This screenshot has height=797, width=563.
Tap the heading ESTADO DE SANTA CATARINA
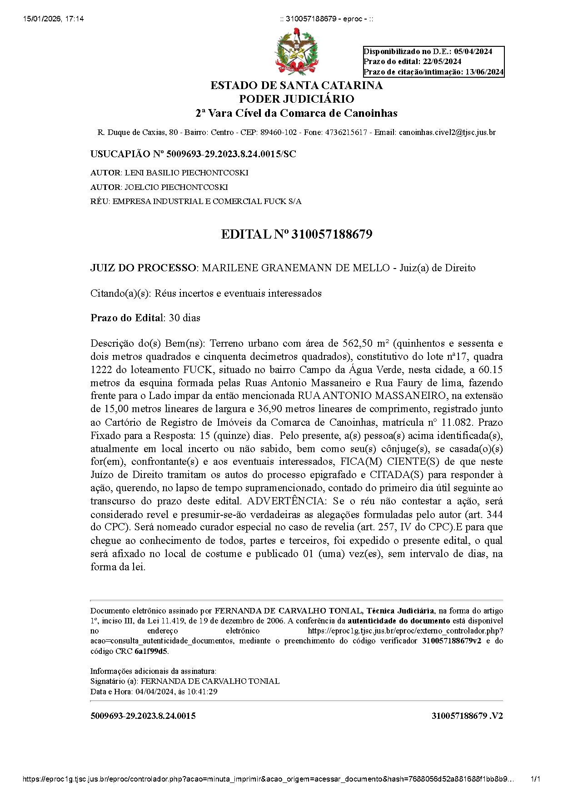pos(296,85)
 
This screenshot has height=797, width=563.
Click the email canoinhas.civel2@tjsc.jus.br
pos(447,133)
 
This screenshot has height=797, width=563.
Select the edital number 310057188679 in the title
pos(332,234)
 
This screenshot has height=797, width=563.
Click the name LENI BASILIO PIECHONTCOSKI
pos(186,173)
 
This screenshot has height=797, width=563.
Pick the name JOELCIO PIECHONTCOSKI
pos(176,187)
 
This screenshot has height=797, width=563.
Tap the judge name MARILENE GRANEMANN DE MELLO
pos(295,268)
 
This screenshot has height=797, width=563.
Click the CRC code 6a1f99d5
pos(151,651)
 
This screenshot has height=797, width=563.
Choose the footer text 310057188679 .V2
pos(467,716)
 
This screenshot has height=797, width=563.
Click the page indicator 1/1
pos(535,779)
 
